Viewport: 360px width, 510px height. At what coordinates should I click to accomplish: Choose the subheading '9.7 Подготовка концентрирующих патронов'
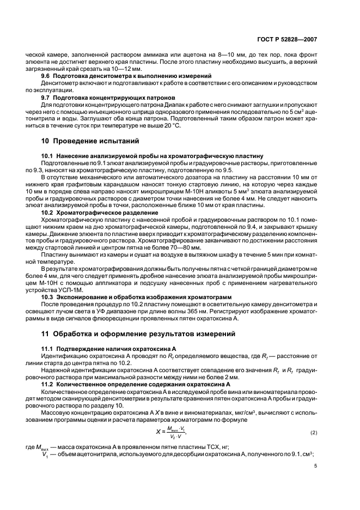tap(106, 97)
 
